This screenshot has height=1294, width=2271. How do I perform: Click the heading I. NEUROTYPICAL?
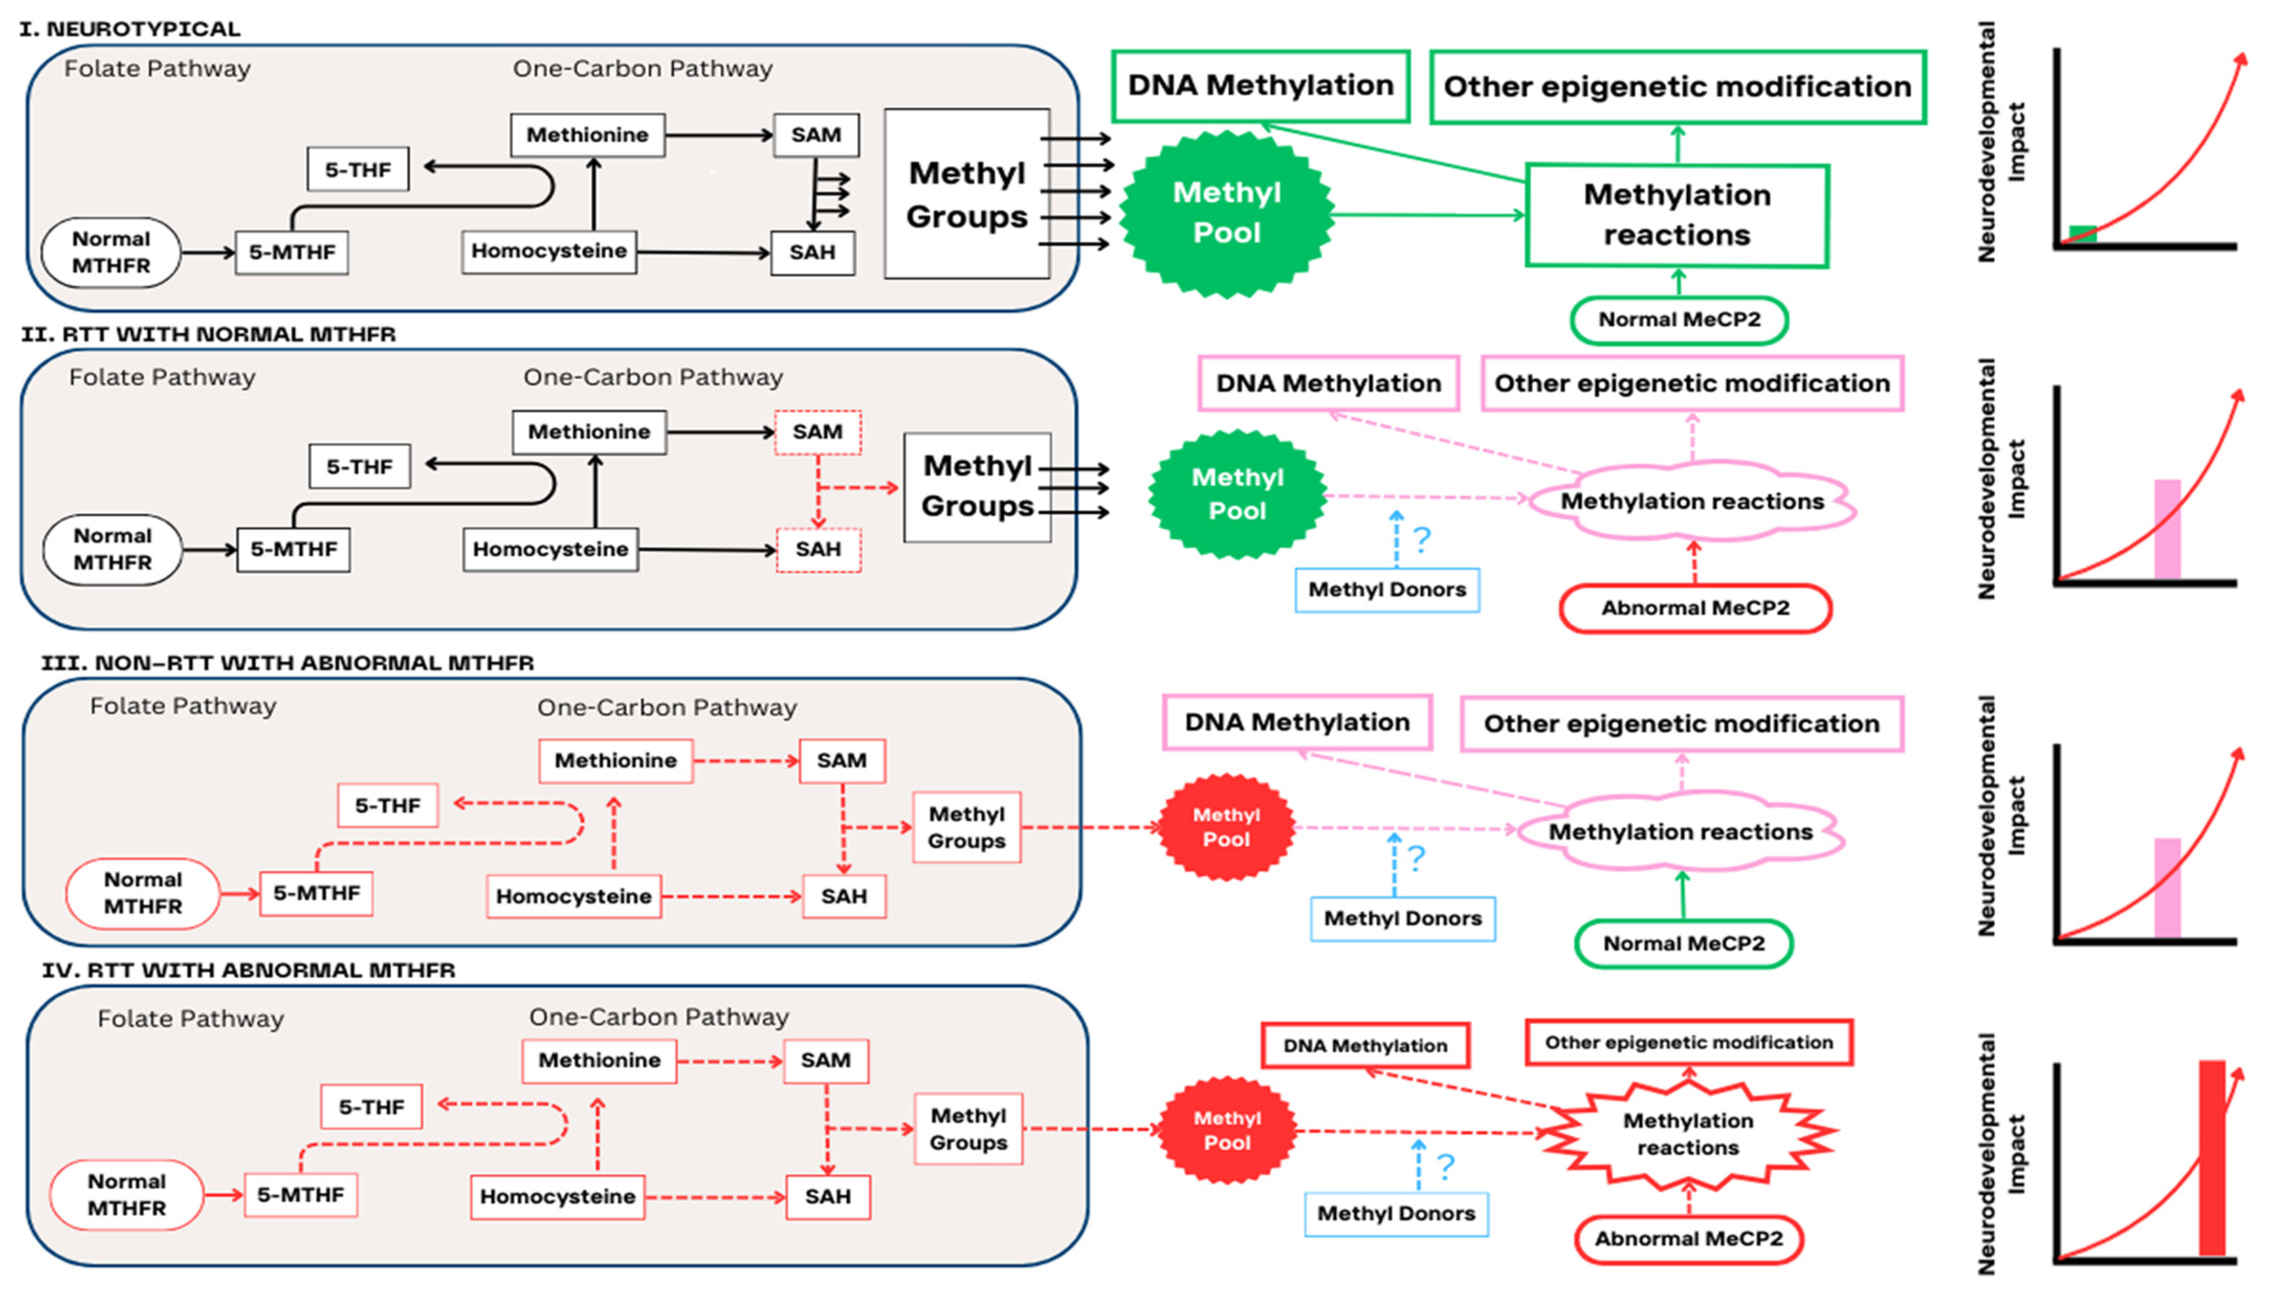(x=130, y=28)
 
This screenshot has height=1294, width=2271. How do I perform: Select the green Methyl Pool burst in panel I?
(x=1227, y=213)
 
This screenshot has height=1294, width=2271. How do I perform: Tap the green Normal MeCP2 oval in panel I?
(x=1679, y=320)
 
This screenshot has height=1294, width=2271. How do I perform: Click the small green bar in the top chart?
(x=2082, y=234)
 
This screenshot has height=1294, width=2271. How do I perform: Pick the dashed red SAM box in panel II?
(x=818, y=432)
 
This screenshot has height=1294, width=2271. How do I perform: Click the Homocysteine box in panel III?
(x=574, y=896)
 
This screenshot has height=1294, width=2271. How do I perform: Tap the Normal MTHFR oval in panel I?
(x=111, y=252)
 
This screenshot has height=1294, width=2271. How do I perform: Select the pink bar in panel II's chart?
(x=2167, y=529)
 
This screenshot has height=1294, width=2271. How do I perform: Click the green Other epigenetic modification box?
(x=1677, y=87)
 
